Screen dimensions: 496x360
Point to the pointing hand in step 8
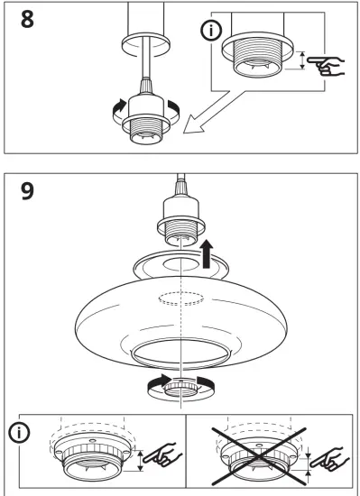325,63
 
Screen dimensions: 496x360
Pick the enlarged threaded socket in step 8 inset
262,58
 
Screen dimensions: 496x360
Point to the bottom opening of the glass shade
180,353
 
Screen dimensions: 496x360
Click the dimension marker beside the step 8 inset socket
303,60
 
